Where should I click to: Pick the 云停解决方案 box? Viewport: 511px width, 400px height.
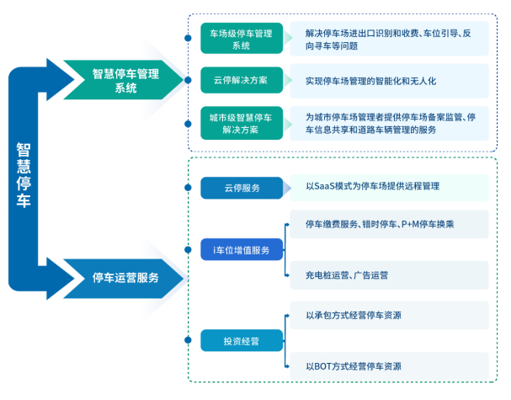[242, 81]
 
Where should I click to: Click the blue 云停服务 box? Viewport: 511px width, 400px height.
[242, 188]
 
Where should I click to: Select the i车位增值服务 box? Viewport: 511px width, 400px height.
[242, 250]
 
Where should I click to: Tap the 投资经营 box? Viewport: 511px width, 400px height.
[242, 340]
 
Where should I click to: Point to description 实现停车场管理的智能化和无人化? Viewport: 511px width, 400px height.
[371, 81]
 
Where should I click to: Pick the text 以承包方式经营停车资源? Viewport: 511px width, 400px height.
[353, 316]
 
